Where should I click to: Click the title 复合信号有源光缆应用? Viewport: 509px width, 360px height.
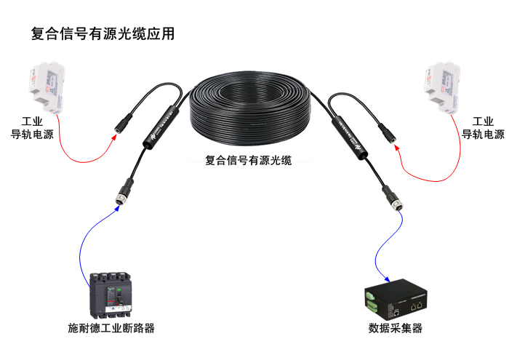point(103,33)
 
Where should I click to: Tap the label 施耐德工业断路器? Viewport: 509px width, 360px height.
point(111,328)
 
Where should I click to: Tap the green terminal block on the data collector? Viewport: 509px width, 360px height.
point(372,297)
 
